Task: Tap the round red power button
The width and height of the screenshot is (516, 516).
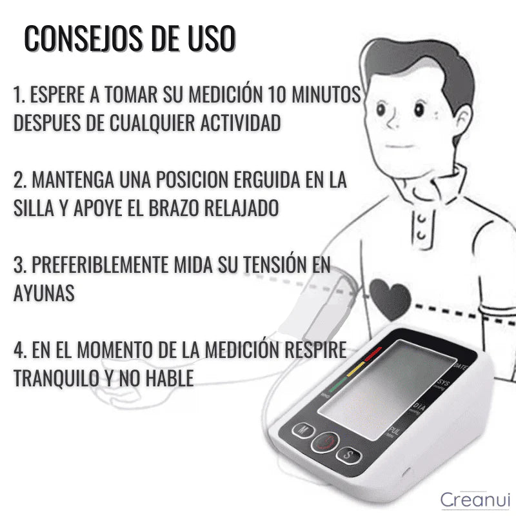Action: [x=325, y=442]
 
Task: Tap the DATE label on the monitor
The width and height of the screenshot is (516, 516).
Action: [x=461, y=366]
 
